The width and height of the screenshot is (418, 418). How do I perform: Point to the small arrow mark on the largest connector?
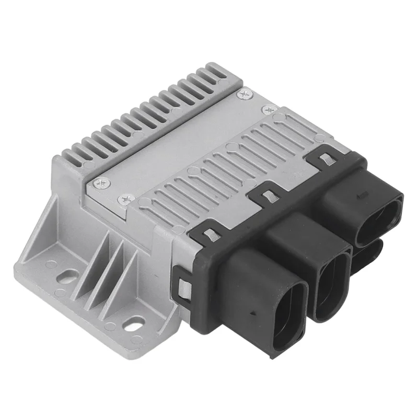tap(252, 312)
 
